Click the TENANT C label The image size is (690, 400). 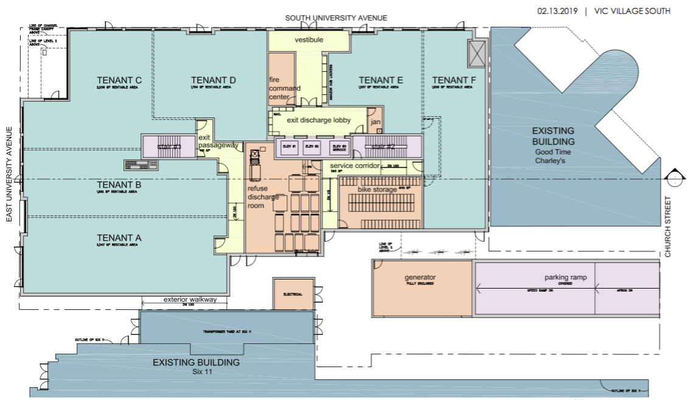pos(119,80)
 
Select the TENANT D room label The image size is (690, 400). pos(213,80)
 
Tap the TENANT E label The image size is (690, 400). pos(381,80)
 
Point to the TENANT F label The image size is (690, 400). pos(454,80)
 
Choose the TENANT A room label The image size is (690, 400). pos(119,237)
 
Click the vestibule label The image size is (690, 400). pos(308,40)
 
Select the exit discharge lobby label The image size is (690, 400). pos(319,120)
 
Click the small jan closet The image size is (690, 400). pos(375,122)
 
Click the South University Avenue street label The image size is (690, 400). pos(336,18)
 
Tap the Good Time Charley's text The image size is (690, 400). pos(550,156)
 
